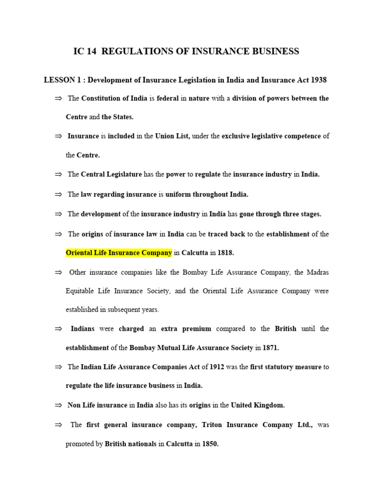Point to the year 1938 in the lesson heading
[318, 80]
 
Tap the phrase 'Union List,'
[172, 136]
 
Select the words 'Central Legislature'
[111, 174]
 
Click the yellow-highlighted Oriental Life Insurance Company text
[119, 253]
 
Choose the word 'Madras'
[318, 272]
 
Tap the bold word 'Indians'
[83, 329]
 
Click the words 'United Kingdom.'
[257, 405]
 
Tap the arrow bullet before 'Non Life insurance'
[59, 405]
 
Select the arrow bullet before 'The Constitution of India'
[59, 98]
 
